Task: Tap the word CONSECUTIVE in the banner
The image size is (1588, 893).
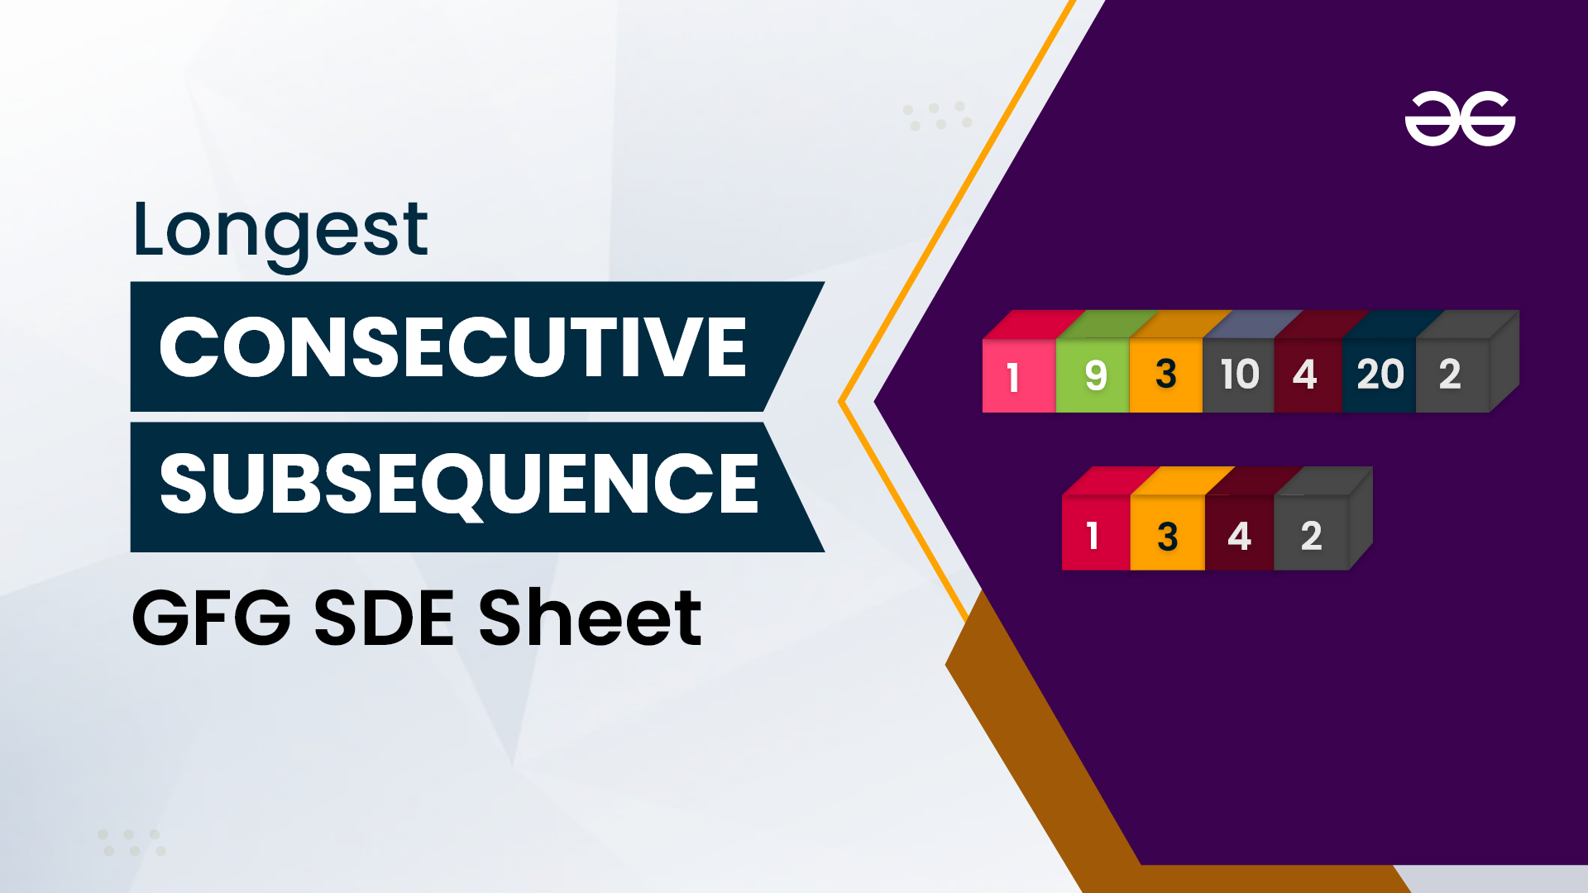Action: point(453,347)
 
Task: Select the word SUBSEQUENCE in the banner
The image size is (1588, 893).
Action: point(459,485)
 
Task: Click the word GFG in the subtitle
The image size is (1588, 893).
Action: point(212,618)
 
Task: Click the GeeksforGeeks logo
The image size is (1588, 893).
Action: point(1460,118)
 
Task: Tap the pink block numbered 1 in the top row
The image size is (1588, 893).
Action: point(1019,375)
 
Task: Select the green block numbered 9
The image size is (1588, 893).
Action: point(1093,375)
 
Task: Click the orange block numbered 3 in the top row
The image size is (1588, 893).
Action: point(1166,375)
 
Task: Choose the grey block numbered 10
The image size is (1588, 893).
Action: point(1239,375)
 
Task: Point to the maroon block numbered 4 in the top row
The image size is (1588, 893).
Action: point(1309,375)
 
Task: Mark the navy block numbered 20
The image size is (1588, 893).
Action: point(1380,375)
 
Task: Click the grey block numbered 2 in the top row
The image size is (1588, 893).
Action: point(1452,375)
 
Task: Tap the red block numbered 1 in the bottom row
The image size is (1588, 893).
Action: point(1096,533)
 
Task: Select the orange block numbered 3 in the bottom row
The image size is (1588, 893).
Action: point(1168,533)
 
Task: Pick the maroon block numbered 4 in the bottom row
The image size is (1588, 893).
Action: point(1240,533)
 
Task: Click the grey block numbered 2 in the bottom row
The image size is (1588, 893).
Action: point(1312,533)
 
